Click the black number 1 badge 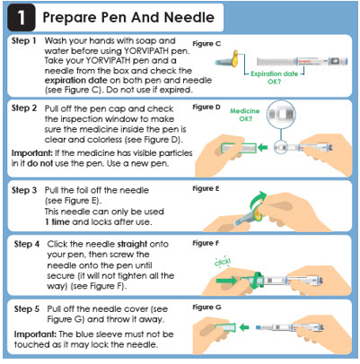(x=21, y=17)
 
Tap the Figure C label (x=206, y=44)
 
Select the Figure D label (x=206, y=107)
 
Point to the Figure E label (x=206, y=189)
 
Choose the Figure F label (x=206, y=243)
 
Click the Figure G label (x=206, y=308)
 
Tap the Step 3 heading (x=24, y=190)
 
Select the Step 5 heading (x=27, y=309)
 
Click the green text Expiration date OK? (x=274, y=77)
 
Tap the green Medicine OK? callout (x=245, y=115)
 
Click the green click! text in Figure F (x=223, y=262)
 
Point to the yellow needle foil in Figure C (x=235, y=59)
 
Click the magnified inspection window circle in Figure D (x=281, y=114)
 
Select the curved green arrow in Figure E (x=258, y=199)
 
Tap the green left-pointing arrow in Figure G (x=244, y=327)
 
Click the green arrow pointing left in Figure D (x=263, y=147)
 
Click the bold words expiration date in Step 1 (x=76, y=81)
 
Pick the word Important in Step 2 (x=32, y=153)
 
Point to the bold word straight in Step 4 (x=132, y=245)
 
